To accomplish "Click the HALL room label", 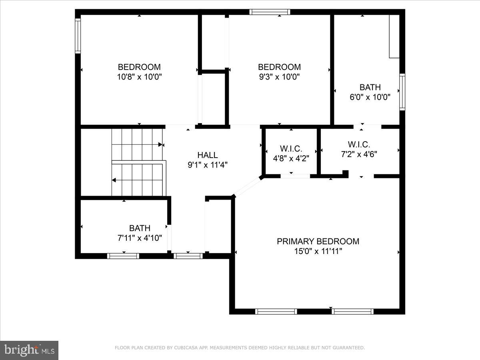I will pos(208,155).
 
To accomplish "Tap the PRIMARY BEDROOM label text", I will pos(318,242).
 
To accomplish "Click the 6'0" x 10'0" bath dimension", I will pos(370,97).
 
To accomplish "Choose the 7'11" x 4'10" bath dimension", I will pos(140,238).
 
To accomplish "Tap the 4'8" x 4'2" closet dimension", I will pos(291,158).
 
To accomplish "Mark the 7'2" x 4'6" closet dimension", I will pos(359,154).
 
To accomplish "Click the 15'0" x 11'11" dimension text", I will pos(318,251).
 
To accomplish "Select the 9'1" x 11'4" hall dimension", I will pos(208,164).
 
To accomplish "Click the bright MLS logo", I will pos(29,350).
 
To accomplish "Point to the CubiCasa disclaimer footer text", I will pos(240,348).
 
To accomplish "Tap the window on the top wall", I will pos(270,12).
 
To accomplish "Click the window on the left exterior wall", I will pos(78,36).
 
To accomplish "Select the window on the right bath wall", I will pos(402,92).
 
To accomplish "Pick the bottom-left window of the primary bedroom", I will pos(276,311).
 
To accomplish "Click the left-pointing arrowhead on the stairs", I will pos(114,180).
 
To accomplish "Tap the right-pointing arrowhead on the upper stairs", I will pos(160,144).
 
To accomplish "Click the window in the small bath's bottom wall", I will pos(123,256).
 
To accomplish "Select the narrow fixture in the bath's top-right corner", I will pos(394,36).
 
